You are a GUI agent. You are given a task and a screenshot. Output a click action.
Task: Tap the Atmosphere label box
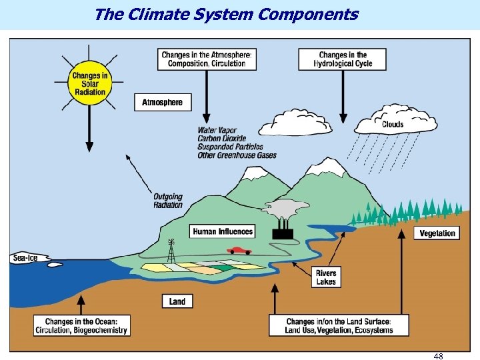point(162,102)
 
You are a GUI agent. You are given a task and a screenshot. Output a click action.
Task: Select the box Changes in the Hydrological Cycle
point(343,59)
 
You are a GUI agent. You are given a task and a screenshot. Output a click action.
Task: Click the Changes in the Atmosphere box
point(207,59)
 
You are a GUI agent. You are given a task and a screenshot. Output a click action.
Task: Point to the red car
point(239,251)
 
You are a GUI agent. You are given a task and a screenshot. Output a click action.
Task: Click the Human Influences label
point(223,231)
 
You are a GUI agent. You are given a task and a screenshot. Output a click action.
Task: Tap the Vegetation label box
point(438,233)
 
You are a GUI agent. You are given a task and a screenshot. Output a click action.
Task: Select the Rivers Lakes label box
point(326,277)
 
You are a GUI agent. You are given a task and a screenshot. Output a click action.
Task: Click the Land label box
point(177,301)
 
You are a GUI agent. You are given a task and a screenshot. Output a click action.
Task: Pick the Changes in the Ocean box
point(81,325)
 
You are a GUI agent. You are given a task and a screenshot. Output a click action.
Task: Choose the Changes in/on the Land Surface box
point(339,325)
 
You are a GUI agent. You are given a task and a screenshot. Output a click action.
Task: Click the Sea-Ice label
point(25,258)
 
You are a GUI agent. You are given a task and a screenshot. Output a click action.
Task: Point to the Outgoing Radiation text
point(167,201)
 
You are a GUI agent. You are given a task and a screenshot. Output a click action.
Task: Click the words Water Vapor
point(217,130)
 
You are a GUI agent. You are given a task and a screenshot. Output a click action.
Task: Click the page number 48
point(438,355)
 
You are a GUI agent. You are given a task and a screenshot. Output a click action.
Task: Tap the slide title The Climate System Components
point(227,14)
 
